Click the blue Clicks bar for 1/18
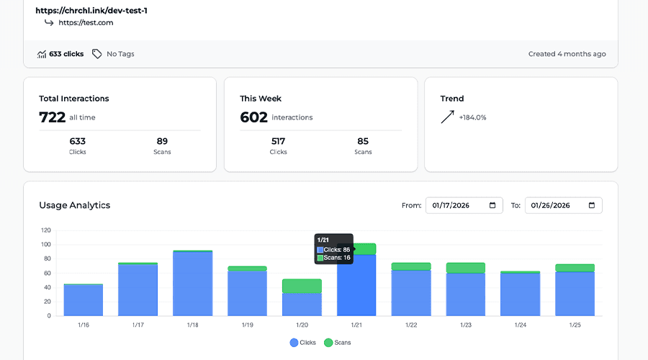(x=192, y=284)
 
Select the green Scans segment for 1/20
(x=302, y=286)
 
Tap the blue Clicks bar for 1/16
(x=84, y=300)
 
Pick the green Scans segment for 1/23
(x=466, y=268)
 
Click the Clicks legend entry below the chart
(x=302, y=343)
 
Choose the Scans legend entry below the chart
(x=337, y=343)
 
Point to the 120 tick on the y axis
(x=46, y=230)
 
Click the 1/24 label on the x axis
(x=521, y=325)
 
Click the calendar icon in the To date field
(x=592, y=205)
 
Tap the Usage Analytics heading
(x=75, y=205)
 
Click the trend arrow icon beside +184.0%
(x=448, y=117)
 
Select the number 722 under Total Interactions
(x=52, y=117)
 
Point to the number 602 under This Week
(x=253, y=117)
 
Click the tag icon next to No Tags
(x=97, y=54)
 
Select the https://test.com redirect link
(x=86, y=22)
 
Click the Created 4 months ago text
(x=567, y=54)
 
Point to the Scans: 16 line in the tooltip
(x=333, y=257)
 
